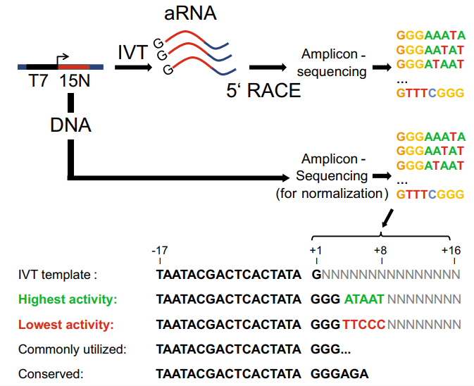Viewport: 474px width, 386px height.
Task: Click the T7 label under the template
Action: pos(39,82)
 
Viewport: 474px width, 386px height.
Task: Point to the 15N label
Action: pos(75,82)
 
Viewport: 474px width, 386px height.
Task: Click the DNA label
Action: pos(70,124)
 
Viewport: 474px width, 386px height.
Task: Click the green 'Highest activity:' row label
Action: pos(68,299)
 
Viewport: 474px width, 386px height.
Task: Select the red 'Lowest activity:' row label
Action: pos(66,325)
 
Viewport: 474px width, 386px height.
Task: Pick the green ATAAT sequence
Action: pos(364,299)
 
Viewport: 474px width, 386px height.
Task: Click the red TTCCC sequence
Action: pos(364,325)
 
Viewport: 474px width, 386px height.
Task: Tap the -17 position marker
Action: pos(158,250)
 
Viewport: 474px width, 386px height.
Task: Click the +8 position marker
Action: pos(380,250)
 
